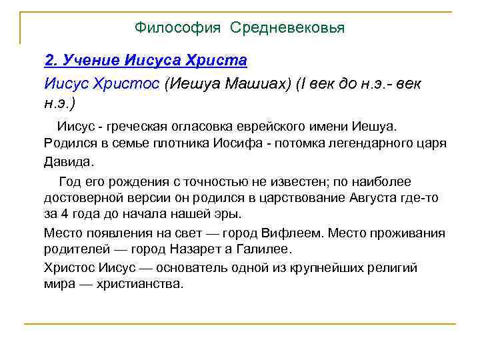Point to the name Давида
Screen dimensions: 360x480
tap(69, 161)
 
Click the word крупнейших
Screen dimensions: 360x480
tap(331, 267)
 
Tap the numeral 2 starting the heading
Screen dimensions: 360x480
tap(49, 61)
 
